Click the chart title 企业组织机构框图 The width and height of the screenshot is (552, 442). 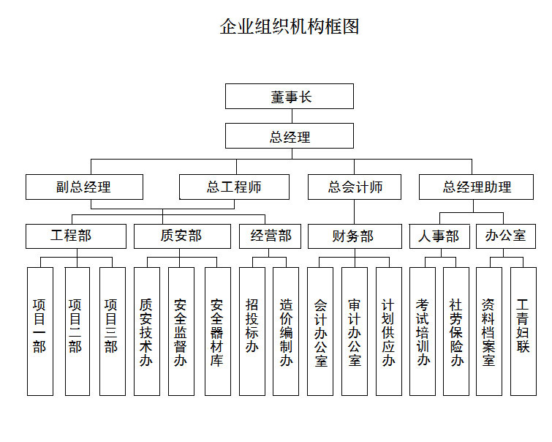[x=290, y=27]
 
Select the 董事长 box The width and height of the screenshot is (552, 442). [x=290, y=96]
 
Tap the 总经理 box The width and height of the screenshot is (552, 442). [x=290, y=136]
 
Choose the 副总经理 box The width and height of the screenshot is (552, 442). [x=84, y=187]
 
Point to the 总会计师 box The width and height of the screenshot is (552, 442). [x=355, y=187]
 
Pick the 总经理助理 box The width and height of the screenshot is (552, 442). [x=477, y=187]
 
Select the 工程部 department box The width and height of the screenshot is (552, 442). [x=71, y=236]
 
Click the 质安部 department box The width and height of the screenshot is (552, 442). [x=181, y=236]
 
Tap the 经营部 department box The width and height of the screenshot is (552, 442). [x=271, y=236]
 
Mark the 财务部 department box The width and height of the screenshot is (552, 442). [x=355, y=236]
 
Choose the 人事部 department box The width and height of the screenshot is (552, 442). [x=439, y=236]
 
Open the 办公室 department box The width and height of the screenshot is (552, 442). [x=505, y=236]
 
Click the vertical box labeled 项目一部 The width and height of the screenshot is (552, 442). [x=40, y=331]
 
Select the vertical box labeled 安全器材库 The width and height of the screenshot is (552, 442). [x=216, y=331]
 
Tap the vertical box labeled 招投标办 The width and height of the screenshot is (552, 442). [x=252, y=331]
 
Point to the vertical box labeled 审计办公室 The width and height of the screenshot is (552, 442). [x=355, y=331]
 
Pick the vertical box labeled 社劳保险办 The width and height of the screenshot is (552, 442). [x=456, y=331]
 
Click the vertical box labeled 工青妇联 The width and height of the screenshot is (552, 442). [x=523, y=331]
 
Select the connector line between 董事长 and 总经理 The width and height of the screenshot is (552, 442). [x=290, y=116]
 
